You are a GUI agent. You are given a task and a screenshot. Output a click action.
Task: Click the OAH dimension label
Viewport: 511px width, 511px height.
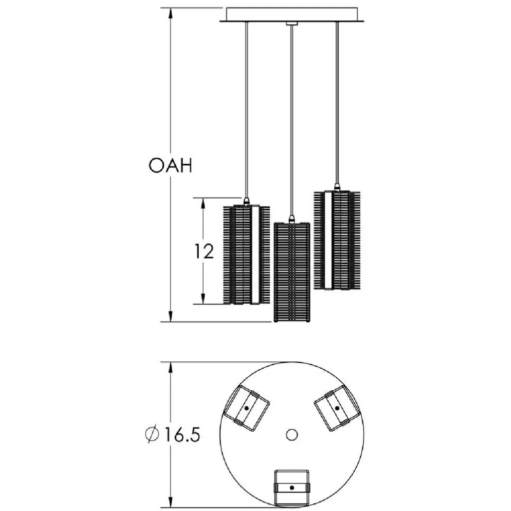click(x=171, y=166)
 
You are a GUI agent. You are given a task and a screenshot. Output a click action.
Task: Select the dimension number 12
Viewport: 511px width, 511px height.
click(x=204, y=251)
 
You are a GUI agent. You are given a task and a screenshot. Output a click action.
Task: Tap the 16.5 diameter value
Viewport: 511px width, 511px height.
click(x=182, y=435)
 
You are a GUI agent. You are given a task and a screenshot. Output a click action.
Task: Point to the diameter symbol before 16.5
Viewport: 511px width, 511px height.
click(x=152, y=435)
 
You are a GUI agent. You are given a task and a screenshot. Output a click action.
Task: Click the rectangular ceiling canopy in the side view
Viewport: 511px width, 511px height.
click(x=292, y=14)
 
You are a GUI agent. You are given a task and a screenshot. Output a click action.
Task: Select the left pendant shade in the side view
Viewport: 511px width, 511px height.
click(x=247, y=255)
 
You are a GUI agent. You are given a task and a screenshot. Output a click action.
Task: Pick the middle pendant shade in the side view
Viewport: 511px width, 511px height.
click(x=291, y=272)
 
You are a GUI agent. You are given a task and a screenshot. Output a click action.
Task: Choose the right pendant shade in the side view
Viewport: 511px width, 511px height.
click(x=337, y=240)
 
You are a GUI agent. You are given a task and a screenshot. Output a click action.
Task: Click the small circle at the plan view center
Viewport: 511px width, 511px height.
click(x=291, y=435)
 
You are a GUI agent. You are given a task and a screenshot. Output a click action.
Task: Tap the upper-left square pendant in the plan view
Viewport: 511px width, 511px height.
click(x=247, y=408)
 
